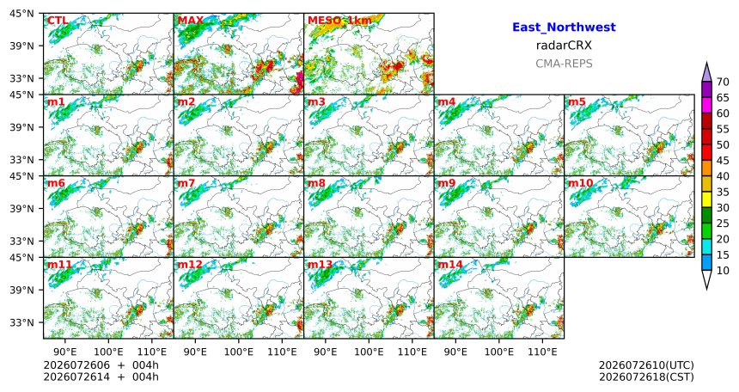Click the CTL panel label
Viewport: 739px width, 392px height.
tap(58, 21)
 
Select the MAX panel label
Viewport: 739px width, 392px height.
tap(191, 21)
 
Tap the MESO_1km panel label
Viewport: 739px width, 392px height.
tap(339, 21)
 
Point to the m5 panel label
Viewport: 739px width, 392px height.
tap(577, 102)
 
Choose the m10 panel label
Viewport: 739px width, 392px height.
tap(580, 183)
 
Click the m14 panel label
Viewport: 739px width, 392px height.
tap(450, 265)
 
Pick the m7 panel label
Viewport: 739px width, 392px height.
tap(186, 183)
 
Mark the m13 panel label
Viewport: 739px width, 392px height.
tap(320, 265)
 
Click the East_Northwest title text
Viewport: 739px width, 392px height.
tap(564, 28)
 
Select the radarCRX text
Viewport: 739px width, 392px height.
tap(564, 46)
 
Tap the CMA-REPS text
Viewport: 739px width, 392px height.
tap(564, 64)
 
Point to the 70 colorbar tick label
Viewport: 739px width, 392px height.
tap(723, 82)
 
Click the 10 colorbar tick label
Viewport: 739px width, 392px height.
tap(723, 271)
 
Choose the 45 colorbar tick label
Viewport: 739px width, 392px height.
tap(723, 161)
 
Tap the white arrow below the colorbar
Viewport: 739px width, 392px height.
tap(706, 279)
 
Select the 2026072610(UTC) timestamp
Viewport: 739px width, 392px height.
tap(646, 365)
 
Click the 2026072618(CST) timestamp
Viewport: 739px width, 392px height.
tap(646, 377)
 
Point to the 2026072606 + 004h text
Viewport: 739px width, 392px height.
tap(101, 365)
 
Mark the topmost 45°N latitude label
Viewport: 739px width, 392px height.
tap(21, 14)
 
